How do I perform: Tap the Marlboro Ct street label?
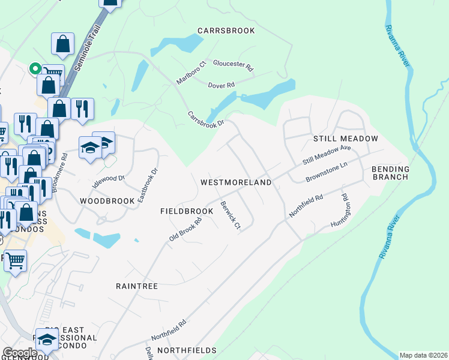[x=191, y=73]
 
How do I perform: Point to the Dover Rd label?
[x=221, y=85]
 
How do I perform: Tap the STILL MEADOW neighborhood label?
[x=346, y=139]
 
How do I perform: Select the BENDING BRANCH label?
[x=390, y=173]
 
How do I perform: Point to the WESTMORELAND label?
[x=236, y=182]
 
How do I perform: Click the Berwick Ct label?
[x=230, y=215]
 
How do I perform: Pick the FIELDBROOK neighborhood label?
[x=187, y=211]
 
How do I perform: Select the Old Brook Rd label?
[x=185, y=229]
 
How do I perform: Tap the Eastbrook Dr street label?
[x=147, y=184]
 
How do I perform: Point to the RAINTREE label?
[x=137, y=286]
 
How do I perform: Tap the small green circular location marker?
[x=35, y=68]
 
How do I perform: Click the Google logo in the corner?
[x=20, y=353]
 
